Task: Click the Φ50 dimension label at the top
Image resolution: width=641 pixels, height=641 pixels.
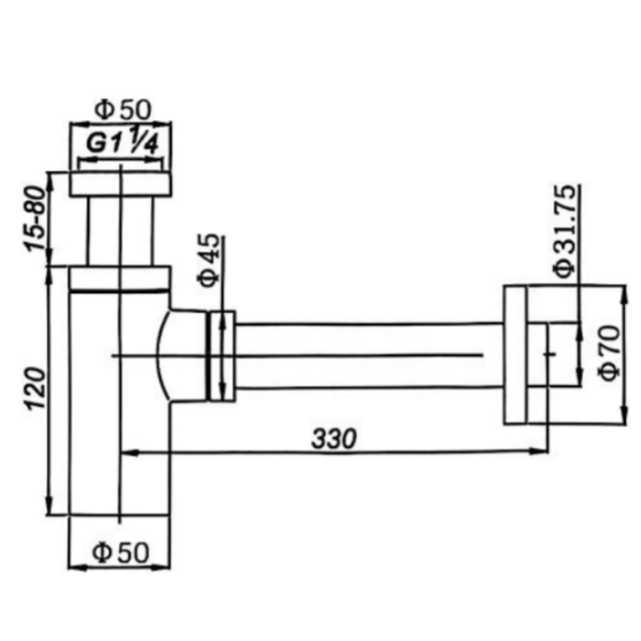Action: [x=123, y=110]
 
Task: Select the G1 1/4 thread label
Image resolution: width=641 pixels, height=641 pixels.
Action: [x=123, y=142]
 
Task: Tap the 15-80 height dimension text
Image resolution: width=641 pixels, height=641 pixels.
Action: [x=34, y=218]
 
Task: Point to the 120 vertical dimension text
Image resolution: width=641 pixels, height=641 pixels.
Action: [x=35, y=389]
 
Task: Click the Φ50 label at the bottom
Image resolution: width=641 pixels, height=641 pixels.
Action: [x=121, y=553]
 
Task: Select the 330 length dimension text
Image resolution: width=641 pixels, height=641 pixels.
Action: [x=334, y=438]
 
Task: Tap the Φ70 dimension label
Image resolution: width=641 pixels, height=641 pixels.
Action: [x=609, y=353]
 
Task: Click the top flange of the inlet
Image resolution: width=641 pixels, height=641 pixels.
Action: [x=119, y=184]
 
